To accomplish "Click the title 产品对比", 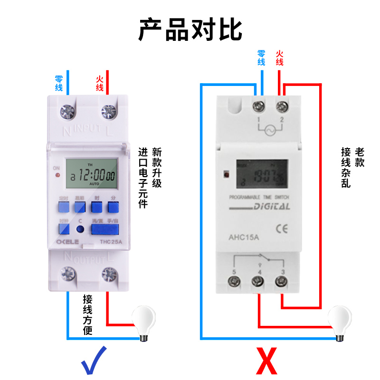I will [x=190, y=29].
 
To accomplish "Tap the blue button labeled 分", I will [x=112, y=207].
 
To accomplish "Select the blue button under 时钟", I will [x=64, y=230].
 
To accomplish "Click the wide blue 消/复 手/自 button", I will [x=105, y=230].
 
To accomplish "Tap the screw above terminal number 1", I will [x=259, y=105].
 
